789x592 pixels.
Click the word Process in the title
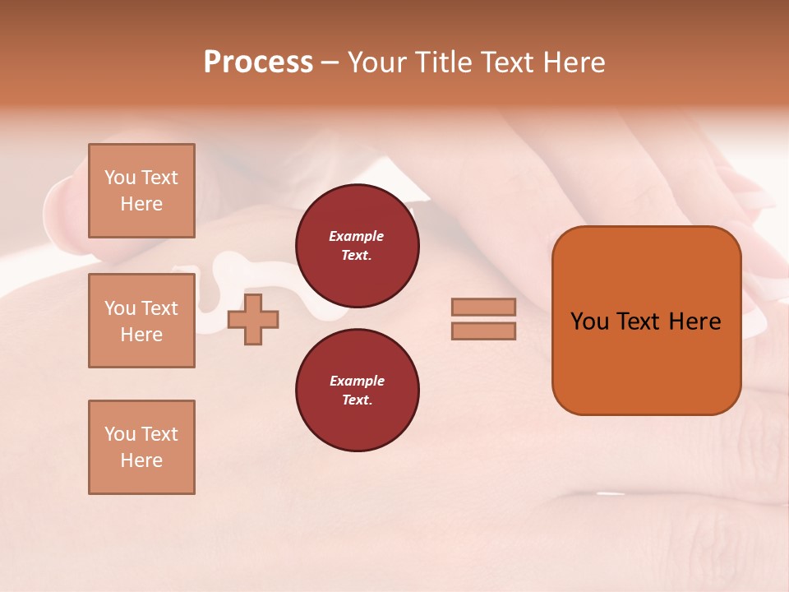click(258, 62)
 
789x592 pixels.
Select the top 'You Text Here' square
click(141, 191)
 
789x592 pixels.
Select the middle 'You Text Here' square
click(141, 321)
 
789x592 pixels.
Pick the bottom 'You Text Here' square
click(141, 446)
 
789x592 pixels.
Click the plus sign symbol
click(253, 319)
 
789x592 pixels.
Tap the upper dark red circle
click(357, 245)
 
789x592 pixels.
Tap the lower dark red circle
click(357, 390)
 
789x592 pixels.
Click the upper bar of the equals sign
click(483, 307)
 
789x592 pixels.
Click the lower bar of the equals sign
click(483, 331)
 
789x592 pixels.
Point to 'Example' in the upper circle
click(357, 236)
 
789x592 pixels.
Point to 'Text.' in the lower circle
click(357, 400)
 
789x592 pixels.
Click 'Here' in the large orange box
click(694, 321)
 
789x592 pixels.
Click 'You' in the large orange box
click(589, 321)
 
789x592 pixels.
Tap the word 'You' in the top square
click(120, 178)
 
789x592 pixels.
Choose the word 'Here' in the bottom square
click(141, 460)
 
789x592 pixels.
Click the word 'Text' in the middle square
click(159, 308)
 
